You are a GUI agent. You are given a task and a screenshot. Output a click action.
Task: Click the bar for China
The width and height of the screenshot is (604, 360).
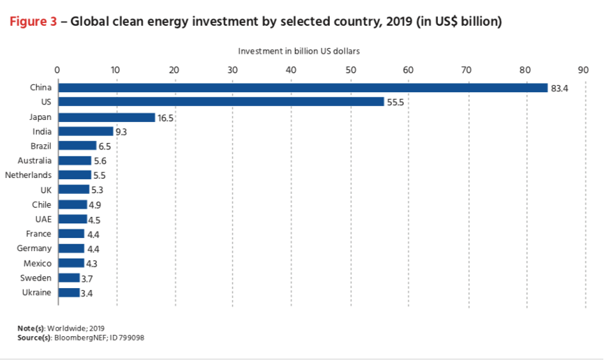pyautogui.click(x=303, y=88)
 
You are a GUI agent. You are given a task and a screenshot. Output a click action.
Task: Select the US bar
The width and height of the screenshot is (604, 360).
pyautogui.click(x=222, y=102)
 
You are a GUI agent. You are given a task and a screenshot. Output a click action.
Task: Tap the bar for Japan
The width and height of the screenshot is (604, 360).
pyautogui.click(x=107, y=117)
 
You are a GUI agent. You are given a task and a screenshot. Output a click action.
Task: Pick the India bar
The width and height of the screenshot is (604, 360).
pyautogui.click(x=86, y=131)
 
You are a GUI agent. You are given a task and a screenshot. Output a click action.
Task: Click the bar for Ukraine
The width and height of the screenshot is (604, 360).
pyautogui.click(x=69, y=292)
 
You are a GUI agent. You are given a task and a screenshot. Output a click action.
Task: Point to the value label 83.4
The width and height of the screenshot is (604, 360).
pyautogui.click(x=559, y=89)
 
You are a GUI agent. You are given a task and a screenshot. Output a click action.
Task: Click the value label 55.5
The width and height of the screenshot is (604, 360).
pyautogui.click(x=395, y=103)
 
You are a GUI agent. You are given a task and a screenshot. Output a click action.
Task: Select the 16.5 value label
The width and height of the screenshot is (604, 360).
pyautogui.click(x=165, y=119)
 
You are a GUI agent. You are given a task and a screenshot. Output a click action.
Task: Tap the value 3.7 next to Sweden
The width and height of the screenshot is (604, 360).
pyautogui.click(x=87, y=278)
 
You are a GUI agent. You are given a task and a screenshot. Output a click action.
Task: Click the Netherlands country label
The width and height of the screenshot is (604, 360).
pyautogui.click(x=28, y=175)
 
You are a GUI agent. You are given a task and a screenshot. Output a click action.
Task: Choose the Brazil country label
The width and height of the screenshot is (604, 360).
pyautogui.click(x=41, y=146)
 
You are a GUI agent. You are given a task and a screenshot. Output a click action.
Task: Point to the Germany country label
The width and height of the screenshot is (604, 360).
pyautogui.click(x=34, y=248)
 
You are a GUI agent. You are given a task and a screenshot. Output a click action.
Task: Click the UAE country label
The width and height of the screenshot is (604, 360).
pyautogui.click(x=43, y=219)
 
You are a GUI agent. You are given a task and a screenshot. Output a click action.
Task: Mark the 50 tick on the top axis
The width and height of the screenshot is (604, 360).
pyautogui.click(x=351, y=70)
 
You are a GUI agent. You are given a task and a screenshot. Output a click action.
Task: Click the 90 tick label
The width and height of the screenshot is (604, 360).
pyautogui.click(x=583, y=70)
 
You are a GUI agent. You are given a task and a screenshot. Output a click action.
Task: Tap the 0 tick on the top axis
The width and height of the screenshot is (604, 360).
pyautogui.click(x=57, y=70)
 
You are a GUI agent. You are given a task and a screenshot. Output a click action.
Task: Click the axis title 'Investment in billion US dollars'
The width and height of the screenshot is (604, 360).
pyautogui.click(x=299, y=51)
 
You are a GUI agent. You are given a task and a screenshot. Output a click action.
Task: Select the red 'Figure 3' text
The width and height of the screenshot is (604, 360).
pyautogui.click(x=33, y=22)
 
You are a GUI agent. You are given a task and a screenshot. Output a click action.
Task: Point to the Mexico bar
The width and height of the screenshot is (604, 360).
pyautogui.click(x=71, y=263)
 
